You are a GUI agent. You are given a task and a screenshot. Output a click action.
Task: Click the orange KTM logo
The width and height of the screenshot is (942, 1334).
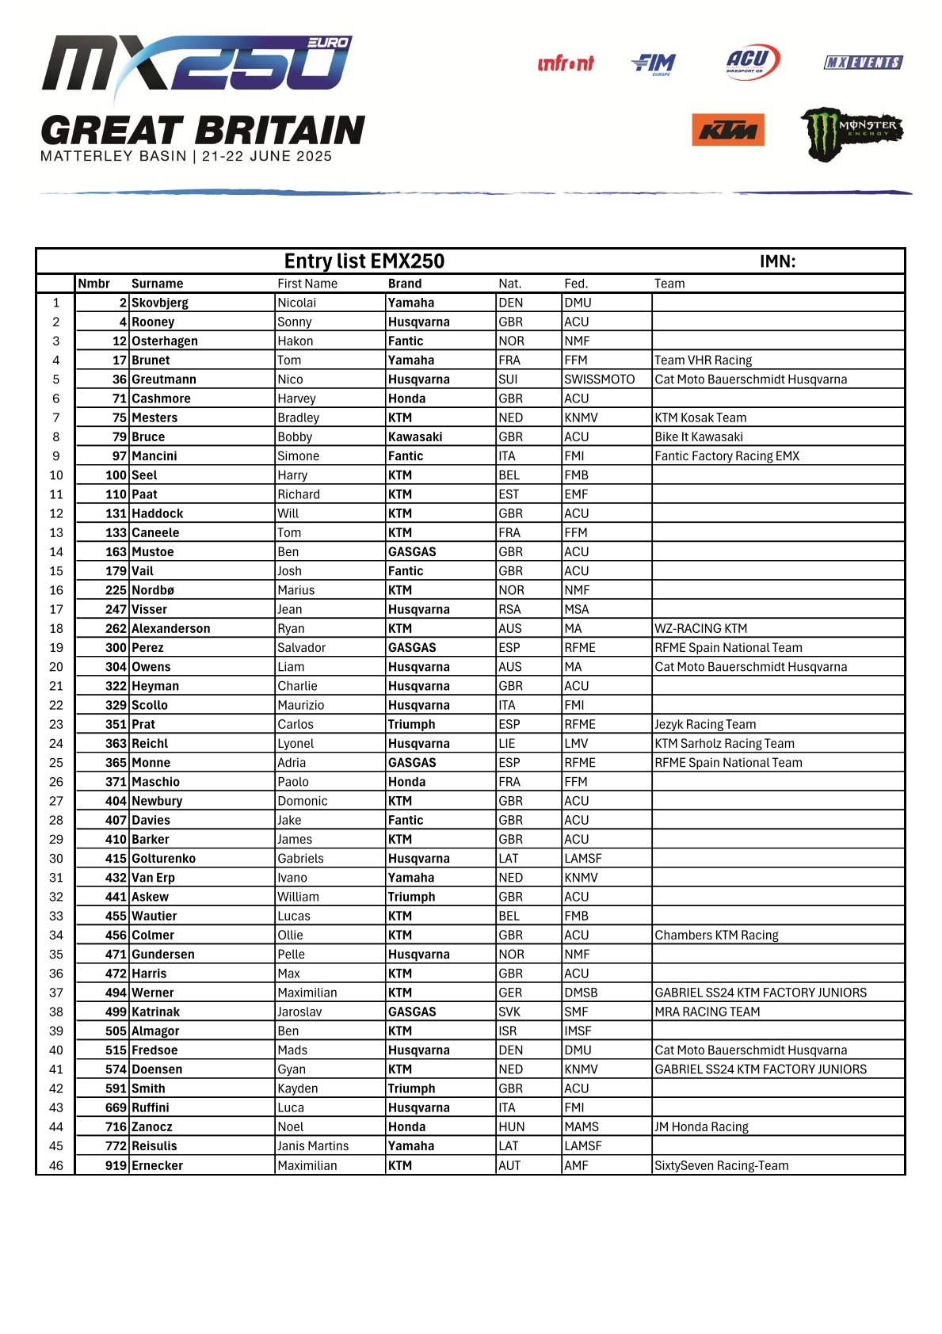[727, 130]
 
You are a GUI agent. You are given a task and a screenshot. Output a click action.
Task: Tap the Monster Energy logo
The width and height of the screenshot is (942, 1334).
[852, 133]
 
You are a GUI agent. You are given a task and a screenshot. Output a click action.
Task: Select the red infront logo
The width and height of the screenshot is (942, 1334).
[565, 63]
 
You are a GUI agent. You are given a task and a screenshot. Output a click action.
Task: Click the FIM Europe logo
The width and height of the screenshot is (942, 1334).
[654, 63]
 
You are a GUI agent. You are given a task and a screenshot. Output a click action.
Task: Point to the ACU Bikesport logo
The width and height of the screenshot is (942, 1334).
[752, 62]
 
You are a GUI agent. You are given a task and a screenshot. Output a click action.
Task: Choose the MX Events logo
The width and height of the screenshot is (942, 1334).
[863, 63]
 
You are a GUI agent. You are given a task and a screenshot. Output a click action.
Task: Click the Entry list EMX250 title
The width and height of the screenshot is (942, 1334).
[364, 261]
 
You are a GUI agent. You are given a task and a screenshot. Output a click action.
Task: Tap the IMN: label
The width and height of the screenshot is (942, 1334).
[776, 261]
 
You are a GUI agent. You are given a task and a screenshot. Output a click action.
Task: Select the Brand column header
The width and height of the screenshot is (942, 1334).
[405, 284]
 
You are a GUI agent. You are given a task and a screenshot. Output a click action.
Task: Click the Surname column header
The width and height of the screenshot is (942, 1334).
[157, 284]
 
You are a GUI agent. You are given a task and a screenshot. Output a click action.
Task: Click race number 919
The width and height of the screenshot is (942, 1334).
[116, 1165]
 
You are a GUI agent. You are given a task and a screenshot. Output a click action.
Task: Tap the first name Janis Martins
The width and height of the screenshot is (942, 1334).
[312, 1146]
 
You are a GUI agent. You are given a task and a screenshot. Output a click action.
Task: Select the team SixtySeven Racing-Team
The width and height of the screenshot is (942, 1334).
[721, 1165]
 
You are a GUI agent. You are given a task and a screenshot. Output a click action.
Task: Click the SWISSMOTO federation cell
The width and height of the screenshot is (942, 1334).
[599, 379]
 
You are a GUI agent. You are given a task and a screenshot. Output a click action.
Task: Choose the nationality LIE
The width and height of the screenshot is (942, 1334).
[506, 744]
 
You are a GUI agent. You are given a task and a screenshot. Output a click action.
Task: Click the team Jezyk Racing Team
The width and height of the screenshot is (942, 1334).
[704, 724]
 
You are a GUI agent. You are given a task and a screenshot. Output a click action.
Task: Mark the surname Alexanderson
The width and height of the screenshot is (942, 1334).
[170, 628]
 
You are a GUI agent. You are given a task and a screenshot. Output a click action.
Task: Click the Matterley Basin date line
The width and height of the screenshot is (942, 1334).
[186, 156]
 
